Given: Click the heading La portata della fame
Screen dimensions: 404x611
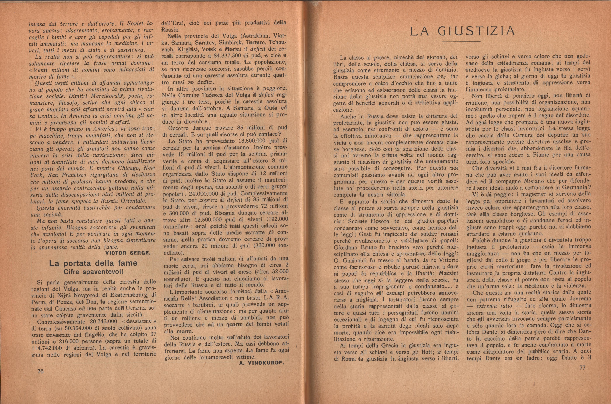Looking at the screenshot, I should coord(93,263).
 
